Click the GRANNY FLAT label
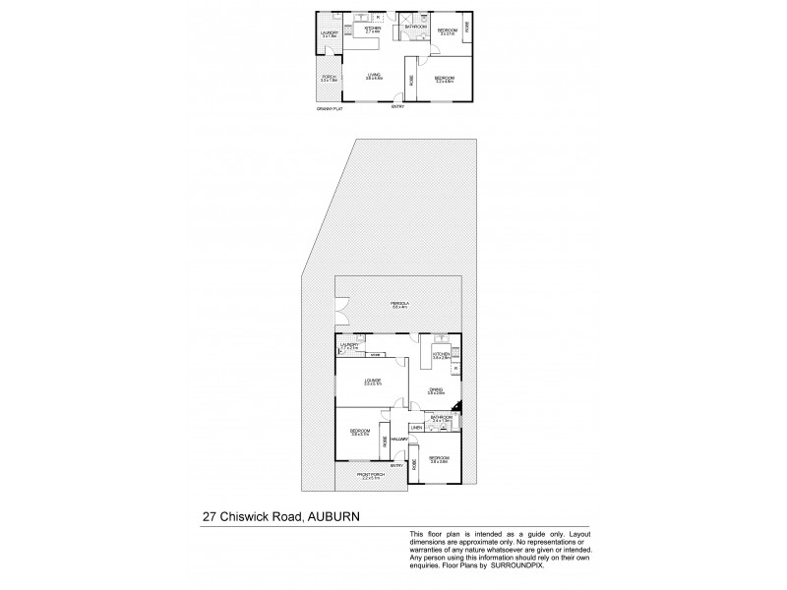tap(329, 108)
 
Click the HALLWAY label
tap(399, 439)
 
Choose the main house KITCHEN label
tap(440, 354)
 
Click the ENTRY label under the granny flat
tap(397, 107)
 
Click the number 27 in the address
tap(210, 513)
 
